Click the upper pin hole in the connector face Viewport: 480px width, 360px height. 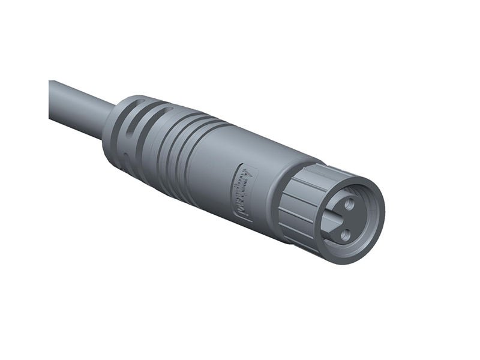pos(350,204)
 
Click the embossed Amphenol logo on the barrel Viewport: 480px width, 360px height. pos(245,193)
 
